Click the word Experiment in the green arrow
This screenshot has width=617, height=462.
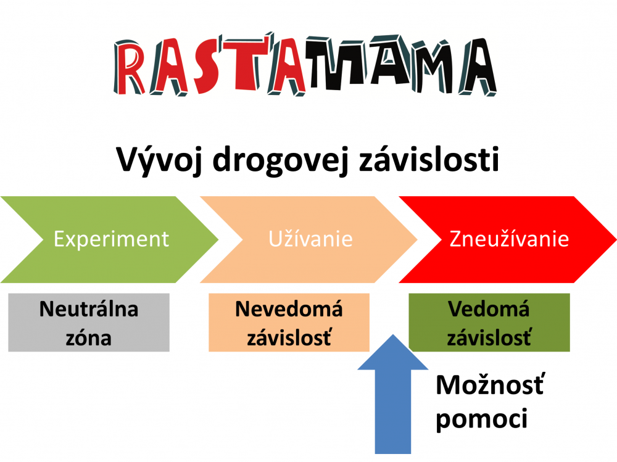[x=111, y=239]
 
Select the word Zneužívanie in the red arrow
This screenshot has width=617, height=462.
[x=509, y=239]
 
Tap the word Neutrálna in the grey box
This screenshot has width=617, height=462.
[x=89, y=309]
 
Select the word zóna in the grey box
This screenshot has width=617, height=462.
[x=88, y=338]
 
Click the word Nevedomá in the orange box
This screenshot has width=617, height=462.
[x=289, y=308]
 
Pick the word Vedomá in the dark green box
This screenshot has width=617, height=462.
[x=489, y=308]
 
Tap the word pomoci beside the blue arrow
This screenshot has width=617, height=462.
[x=482, y=418]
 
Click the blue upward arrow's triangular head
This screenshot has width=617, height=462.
[x=392, y=354]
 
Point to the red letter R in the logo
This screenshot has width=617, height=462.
[x=128, y=67]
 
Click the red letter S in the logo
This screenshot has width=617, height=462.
[x=207, y=66]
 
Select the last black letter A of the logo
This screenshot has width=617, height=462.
[x=478, y=67]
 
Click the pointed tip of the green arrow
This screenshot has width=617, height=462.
[x=218, y=239]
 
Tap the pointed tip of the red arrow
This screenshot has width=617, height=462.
[x=616, y=239]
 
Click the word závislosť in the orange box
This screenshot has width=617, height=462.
[x=289, y=337]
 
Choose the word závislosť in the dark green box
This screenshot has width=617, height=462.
[x=489, y=337]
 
